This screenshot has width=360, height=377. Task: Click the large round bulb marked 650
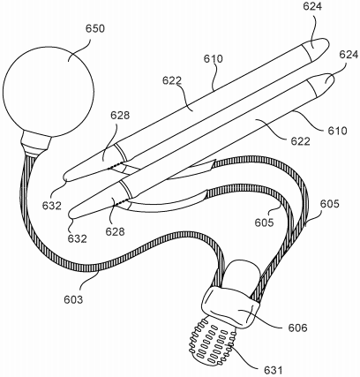click(48, 90)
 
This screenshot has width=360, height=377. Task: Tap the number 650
click(95, 29)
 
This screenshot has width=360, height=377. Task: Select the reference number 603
click(73, 299)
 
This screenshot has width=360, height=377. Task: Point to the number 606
click(297, 328)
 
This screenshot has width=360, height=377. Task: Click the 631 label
click(273, 370)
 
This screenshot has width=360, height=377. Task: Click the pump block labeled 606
click(231, 307)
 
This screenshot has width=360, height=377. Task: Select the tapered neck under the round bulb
click(36, 144)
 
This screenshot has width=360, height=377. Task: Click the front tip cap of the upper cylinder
click(316, 49)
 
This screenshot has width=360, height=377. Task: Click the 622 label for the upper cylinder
click(172, 80)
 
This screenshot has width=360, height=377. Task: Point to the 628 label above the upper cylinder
click(120, 116)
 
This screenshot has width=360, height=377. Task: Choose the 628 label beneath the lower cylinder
click(115, 231)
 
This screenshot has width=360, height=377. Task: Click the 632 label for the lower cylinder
click(78, 238)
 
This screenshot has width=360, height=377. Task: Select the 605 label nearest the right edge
click(329, 204)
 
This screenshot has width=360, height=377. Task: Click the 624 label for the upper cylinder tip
click(313, 6)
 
